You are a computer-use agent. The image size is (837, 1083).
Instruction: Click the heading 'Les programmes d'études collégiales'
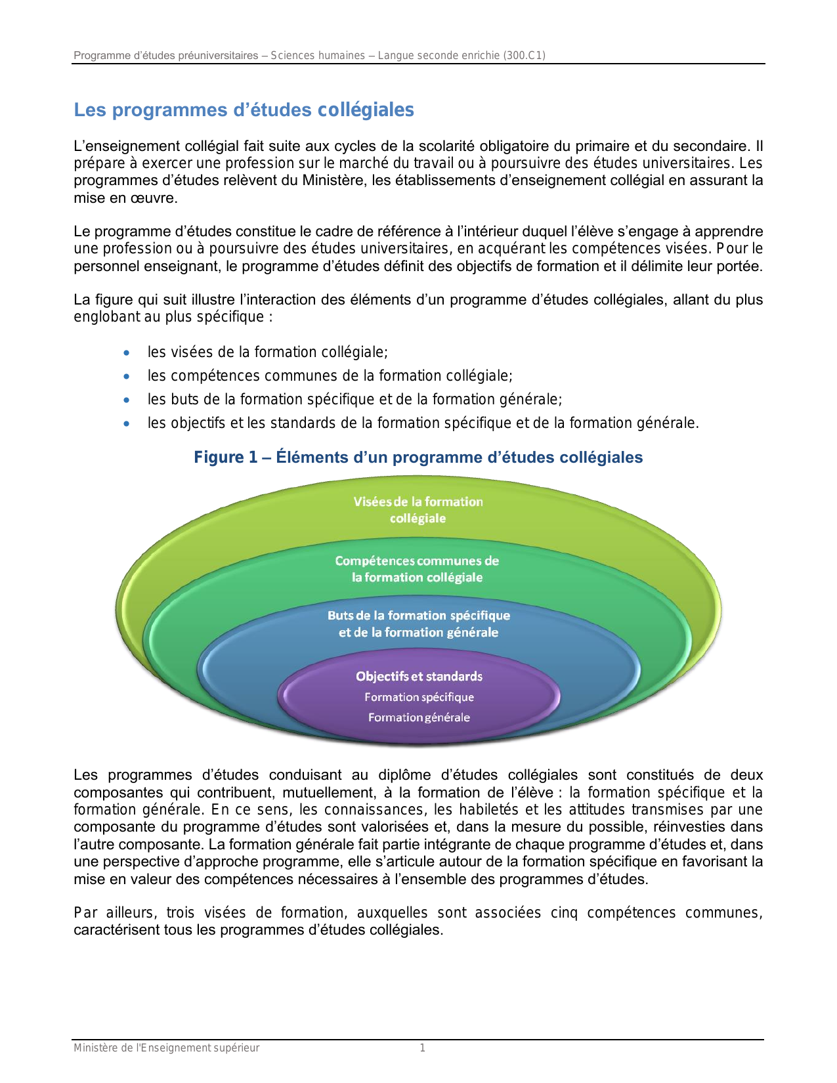(244, 110)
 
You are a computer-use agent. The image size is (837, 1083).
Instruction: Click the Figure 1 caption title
(418, 457)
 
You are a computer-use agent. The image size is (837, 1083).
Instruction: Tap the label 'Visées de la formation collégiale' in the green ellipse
(418, 510)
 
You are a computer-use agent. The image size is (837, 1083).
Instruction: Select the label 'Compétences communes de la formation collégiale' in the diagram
(417, 569)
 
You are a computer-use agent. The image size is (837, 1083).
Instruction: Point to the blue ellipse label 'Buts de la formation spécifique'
(419, 616)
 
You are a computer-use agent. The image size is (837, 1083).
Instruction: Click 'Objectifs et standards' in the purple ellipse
(419, 676)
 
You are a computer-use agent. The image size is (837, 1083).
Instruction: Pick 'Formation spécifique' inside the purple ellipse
(419, 697)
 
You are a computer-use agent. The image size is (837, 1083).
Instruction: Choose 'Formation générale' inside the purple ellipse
(419, 717)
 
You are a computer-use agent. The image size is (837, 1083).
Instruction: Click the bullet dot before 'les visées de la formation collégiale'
(127, 353)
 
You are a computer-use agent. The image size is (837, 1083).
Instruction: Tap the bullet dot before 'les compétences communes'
(127, 377)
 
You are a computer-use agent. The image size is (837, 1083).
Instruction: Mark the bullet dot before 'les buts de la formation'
(127, 400)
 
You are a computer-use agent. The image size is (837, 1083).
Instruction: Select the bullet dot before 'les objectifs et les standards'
(127, 424)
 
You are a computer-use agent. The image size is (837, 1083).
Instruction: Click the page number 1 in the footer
(422, 1048)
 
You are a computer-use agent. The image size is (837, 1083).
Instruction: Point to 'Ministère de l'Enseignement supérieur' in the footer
(166, 1048)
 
